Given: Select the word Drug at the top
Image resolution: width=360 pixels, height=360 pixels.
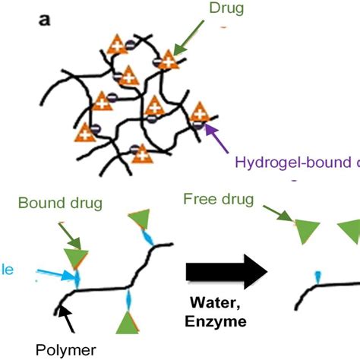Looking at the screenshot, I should tap(222, 8).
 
